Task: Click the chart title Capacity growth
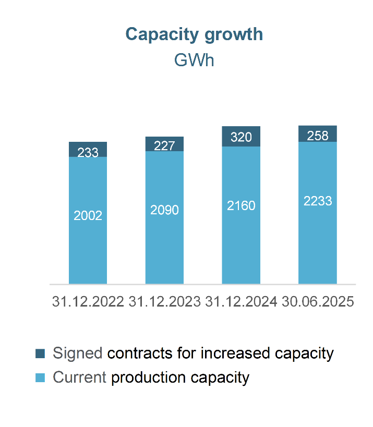pos(194,35)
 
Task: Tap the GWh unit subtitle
pos(194,60)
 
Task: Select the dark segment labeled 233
pos(88,149)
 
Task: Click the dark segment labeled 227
pos(164,144)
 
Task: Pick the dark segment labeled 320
pos(241,137)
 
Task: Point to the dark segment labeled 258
pos(318,133)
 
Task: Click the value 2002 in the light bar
pos(88,216)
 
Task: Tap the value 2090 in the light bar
pos(164,210)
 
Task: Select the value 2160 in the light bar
pos(241,205)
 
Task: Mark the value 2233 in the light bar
pos(318,201)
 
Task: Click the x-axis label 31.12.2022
pos(88,302)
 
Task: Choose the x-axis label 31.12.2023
pos(164,302)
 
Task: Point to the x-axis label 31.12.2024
pos(241,302)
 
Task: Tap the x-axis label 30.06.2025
pos(318,302)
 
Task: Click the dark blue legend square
pos(40,353)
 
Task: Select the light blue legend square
pos(40,377)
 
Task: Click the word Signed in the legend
pos(78,353)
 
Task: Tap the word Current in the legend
pos(80,377)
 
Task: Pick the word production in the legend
pos(149,378)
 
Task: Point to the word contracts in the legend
pos(140,353)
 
